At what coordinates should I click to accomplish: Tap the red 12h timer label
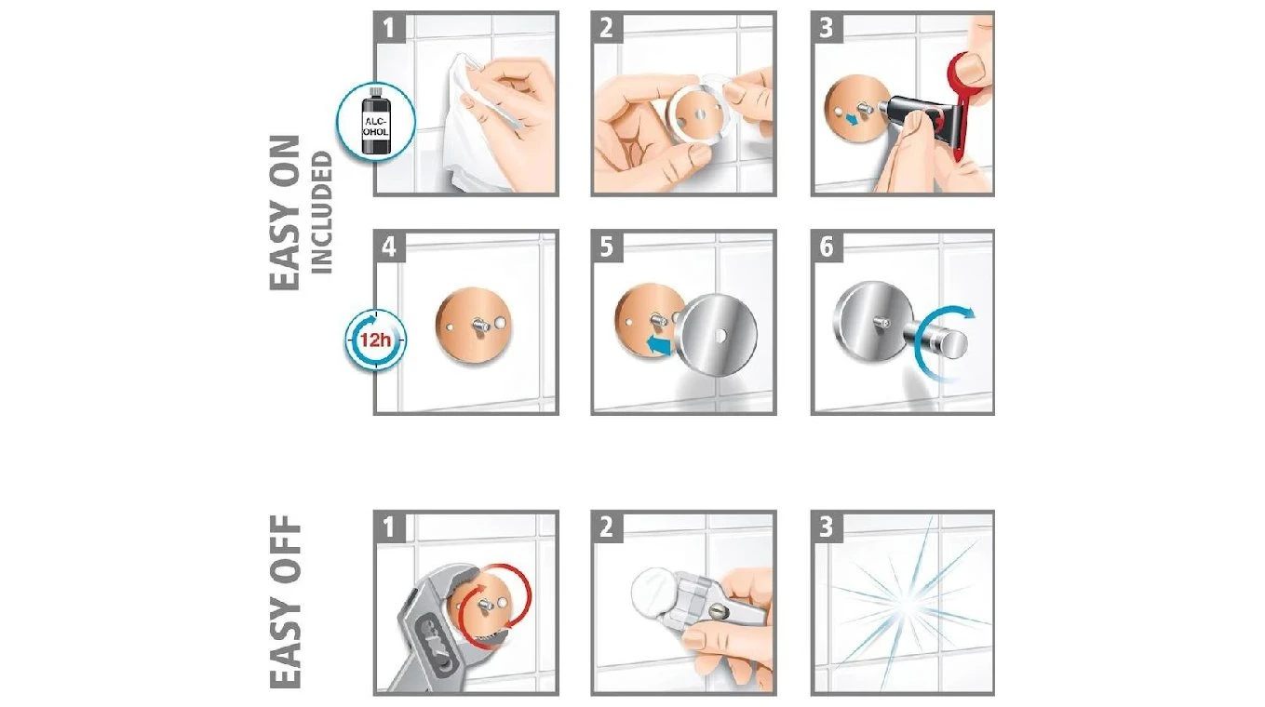click(375, 340)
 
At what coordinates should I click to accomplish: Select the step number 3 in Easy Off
click(827, 527)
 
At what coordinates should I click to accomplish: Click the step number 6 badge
click(827, 247)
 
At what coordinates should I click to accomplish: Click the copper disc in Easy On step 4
click(474, 326)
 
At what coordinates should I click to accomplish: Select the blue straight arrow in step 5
click(659, 344)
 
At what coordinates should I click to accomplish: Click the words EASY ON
click(285, 213)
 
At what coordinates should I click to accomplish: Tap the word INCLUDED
click(322, 212)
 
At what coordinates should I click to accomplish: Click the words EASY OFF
click(285, 602)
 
